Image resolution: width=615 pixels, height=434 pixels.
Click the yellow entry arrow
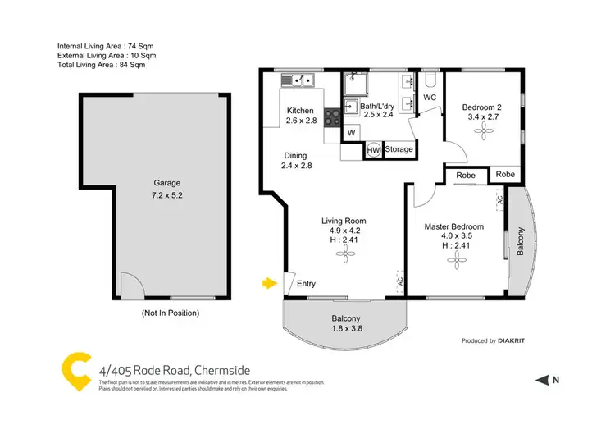pyautogui.click(x=268, y=283)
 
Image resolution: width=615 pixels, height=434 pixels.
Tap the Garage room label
pyautogui.click(x=166, y=183)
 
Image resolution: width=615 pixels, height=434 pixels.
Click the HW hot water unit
pyautogui.click(x=373, y=150)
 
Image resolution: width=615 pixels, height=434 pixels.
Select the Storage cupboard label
pyautogui.click(x=399, y=150)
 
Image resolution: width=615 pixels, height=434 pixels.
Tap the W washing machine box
pyautogui.click(x=351, y=132)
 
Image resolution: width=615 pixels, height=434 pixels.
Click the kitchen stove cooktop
pyautogui.click(x=333, y=117)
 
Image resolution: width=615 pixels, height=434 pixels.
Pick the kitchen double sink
pyautogui.click(x=298, y=80)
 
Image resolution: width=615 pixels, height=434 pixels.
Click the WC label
pyautogui.click(x=429, y=98)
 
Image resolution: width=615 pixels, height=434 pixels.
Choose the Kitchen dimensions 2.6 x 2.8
pyautogui.click(x=301, y=121)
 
